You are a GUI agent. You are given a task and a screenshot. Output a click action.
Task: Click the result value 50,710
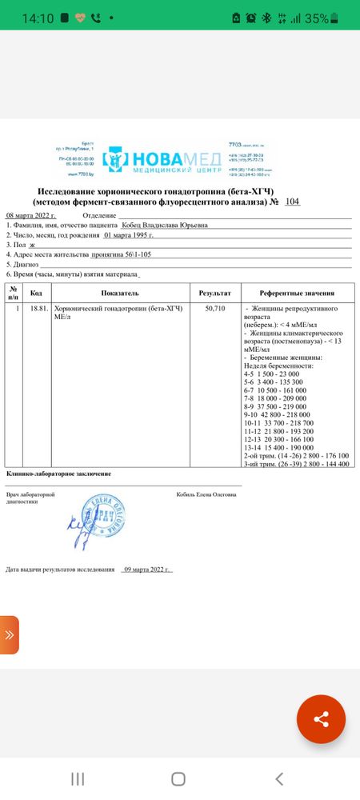(x=215, y=308)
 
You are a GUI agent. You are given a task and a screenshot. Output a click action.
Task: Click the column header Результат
(x=215, y=294)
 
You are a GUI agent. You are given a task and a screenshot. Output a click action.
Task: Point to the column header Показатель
(x=121, y=294)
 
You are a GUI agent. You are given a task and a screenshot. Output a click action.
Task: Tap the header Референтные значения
(x=296, y=294)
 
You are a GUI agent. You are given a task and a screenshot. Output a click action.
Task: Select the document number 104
(x=292, y=203)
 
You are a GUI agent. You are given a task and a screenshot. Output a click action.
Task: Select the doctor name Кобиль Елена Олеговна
(x=206, y=494)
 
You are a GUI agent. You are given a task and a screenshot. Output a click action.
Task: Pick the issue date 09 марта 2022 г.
(x=146, y=570)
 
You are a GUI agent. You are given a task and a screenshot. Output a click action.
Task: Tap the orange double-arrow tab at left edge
(x=9, y=635)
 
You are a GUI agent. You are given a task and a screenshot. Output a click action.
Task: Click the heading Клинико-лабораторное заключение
(x=58, y=474)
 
